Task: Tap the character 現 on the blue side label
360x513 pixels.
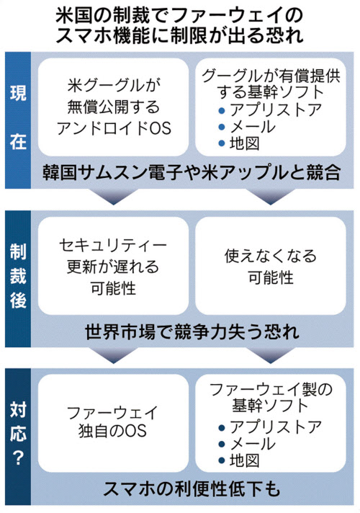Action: [x=18, y=93]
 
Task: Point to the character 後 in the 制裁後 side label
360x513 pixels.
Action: [x=18, y=300]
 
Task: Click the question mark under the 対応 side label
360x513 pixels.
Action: [x=18, y=458]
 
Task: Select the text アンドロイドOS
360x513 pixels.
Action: [x=114, y=128]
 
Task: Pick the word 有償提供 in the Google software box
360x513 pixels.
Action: [x=310, y=76]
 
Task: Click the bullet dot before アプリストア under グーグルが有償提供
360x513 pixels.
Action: [x=221, y=110]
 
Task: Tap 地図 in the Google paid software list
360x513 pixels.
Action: [x=244, y=143]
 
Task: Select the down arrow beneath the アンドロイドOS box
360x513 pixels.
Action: [x=114, y=197]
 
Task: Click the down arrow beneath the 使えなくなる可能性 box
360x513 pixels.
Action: [x=271, y=356]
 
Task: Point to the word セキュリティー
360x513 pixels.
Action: [x=113, y=246]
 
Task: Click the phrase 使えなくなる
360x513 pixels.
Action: [x=271, y=256]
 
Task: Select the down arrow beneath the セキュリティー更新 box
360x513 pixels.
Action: [x=114, y=356]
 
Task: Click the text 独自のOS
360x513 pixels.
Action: [x=113, y=431]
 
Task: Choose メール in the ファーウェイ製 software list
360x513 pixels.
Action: [x=252, y=444]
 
